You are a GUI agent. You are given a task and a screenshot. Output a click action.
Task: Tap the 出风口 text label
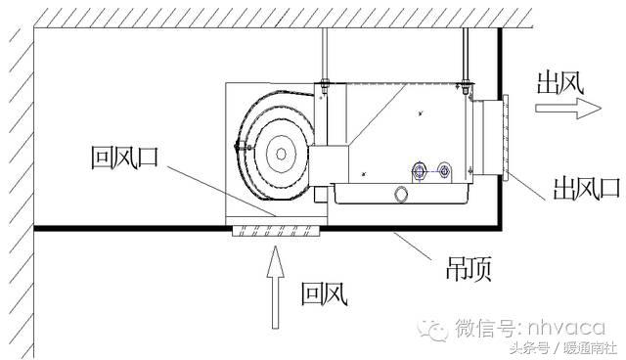click(577, 186)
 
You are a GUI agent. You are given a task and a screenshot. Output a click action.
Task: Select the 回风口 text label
click(124, 157)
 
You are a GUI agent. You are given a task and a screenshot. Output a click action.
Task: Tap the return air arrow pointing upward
click(277, 288)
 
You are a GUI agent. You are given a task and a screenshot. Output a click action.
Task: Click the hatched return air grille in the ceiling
click(276, 231)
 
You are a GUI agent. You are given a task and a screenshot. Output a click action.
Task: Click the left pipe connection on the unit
click(420, 168)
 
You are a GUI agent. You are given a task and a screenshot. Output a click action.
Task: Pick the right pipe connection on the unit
click(446, 169)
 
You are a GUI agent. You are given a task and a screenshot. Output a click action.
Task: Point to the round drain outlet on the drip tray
click(400, 194)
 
